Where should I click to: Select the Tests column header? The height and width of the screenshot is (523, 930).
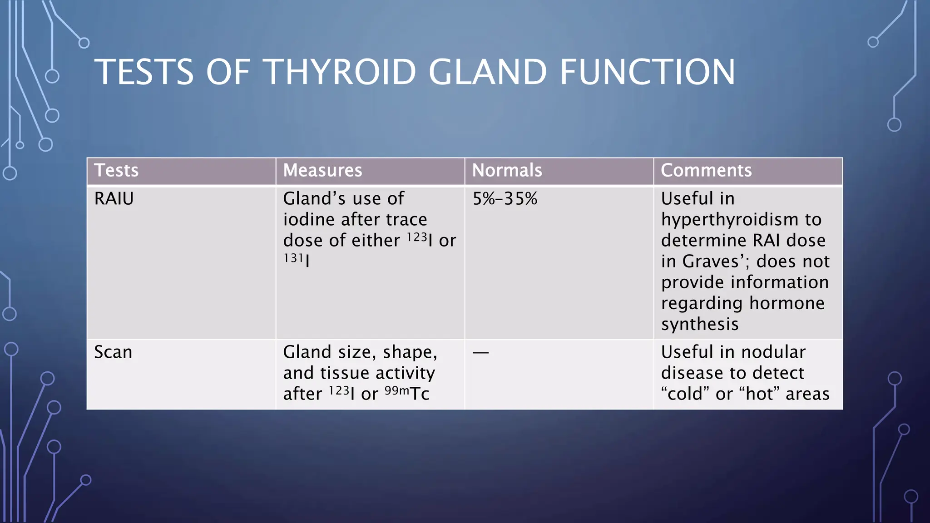(x=116, y=171)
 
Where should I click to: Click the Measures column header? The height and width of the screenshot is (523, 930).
(x=322, y=171)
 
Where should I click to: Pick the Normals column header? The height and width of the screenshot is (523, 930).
(x=507, y=171)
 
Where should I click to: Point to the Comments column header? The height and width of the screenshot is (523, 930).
(x=706, y=171)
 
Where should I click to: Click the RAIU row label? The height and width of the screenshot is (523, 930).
(x=114, y=199)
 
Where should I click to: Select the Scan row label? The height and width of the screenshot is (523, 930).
(x=113, y=352)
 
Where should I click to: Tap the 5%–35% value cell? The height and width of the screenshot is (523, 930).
(x=505, y=199)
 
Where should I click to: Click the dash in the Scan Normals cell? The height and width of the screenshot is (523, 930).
(x=480, y=352)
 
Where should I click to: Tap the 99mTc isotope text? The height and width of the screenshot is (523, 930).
(x=407, y=393)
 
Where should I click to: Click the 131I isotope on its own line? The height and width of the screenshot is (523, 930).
(x=297, y=260)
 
